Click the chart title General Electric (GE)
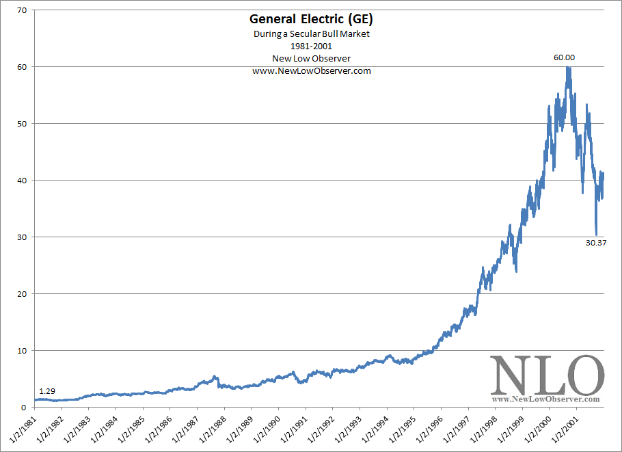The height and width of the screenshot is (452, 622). coord(311,20)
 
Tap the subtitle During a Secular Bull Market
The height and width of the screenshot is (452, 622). coord(311,34)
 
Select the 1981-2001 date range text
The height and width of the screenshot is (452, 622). coord(311,46)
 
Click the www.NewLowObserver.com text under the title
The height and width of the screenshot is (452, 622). coord(311,70)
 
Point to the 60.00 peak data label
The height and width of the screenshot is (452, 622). coord(564,58)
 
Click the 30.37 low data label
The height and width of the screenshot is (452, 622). coord(597,242)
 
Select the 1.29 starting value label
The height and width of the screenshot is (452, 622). coord(47,391)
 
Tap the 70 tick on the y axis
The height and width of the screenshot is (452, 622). coord(22,10)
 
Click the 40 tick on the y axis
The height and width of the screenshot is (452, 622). coord(22,181)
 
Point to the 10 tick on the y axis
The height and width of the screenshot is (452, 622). coord(22,351)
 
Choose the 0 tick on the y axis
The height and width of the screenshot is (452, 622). coord(24,408)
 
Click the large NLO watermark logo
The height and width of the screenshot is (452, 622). coord(547,375)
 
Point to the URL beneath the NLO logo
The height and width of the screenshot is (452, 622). coord(547,399)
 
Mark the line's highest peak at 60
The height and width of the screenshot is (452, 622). coord(568,67)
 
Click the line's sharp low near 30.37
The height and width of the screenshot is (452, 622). coord(596,234)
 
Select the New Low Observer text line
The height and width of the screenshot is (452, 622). coord(311,58)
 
